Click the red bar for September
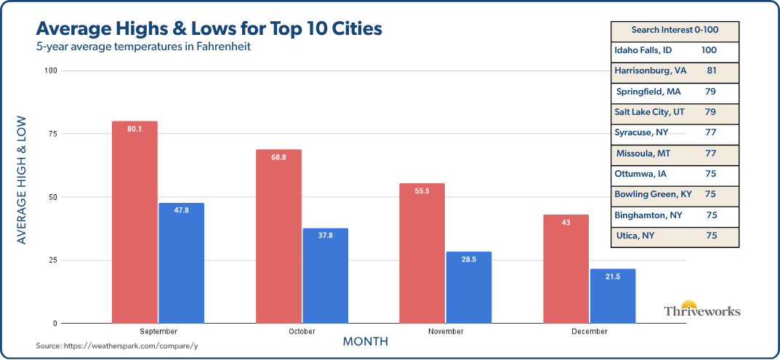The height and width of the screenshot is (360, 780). click(134, 222)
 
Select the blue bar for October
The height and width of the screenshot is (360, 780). click(325, 276)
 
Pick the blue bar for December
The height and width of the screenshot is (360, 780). click(613, 296)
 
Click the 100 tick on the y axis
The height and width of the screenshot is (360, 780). click(50, 71)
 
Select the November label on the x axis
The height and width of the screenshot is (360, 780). click(445, 332)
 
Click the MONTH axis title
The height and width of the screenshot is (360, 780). click(365, 342)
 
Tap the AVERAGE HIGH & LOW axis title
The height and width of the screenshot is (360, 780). click(22, 180)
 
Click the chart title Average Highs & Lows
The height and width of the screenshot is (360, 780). click(208, 30)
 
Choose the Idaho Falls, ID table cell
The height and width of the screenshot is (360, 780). click(644, 51)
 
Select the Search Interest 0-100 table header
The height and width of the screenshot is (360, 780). click(675, 31)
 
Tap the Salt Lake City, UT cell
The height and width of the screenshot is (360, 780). click(649, 113)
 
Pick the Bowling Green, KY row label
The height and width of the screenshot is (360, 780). click(653, 195)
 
